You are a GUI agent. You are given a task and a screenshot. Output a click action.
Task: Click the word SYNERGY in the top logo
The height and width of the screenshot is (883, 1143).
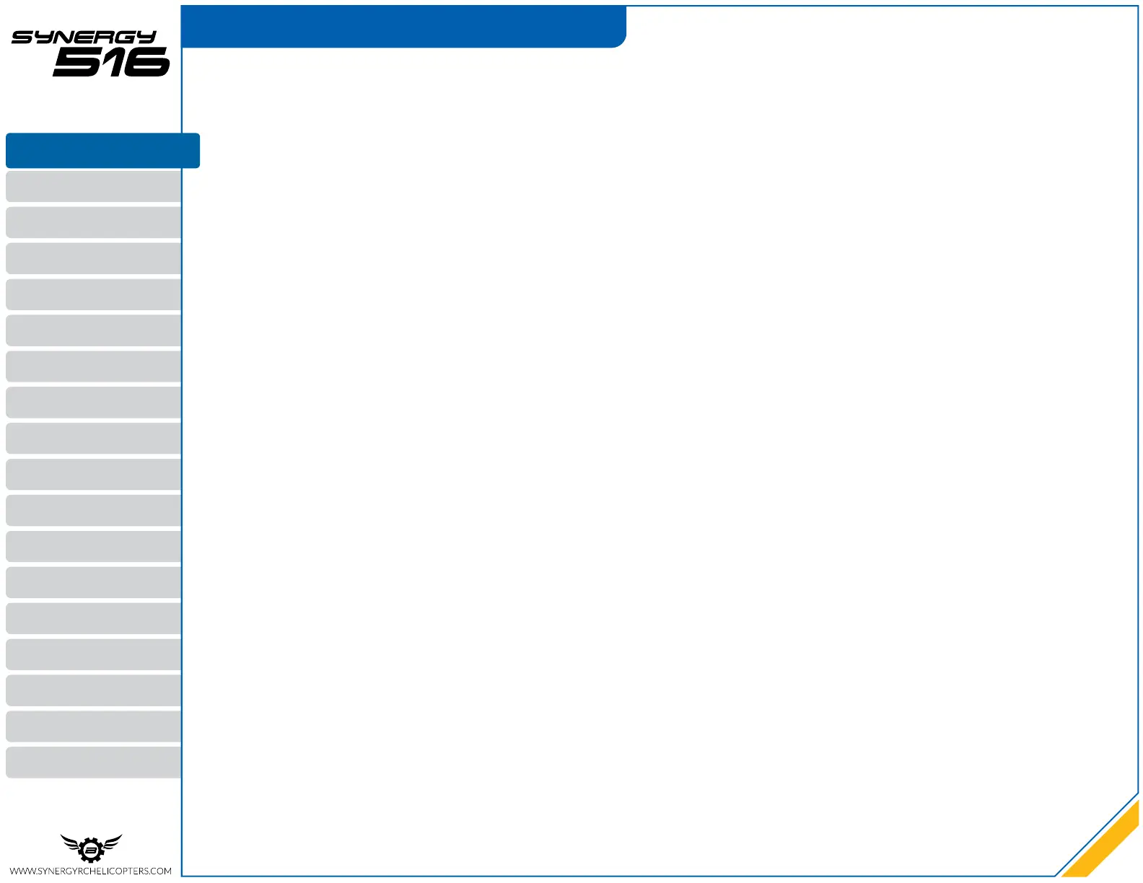[x=84, y=38]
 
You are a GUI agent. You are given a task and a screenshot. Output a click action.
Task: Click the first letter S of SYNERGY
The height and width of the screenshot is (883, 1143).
[x=22, y=38]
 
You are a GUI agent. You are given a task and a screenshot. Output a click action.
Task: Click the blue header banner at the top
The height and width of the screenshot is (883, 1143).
[x=403, y=27]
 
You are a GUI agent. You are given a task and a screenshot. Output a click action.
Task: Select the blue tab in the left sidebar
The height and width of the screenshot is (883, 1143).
[x=102, y=150]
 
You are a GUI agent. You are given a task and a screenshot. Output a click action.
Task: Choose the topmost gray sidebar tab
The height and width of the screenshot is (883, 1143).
[x=94, y=186]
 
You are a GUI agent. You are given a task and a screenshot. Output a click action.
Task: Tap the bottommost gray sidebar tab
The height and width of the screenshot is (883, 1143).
[x=94, y=763]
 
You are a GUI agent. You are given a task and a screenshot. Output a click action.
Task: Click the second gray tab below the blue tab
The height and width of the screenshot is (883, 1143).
[x=94, y=222]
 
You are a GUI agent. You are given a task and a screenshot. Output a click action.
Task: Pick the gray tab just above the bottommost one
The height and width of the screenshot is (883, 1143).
[x=94, y=726]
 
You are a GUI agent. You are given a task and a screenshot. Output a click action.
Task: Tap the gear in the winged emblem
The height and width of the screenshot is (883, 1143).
[x=91, y=851]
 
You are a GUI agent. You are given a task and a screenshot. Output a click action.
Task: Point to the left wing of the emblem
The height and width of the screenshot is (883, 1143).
[x=70, y=842]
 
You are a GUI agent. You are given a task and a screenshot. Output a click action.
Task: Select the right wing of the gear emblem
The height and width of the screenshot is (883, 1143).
[x=112, y=842]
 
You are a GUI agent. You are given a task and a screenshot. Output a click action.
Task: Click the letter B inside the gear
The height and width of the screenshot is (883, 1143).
[x=91, y=851]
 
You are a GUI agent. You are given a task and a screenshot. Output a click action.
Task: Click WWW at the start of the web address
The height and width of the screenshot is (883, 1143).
[x=22, y=871]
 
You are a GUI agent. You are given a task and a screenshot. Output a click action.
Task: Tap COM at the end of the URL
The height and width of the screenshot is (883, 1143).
[x=162, y=871]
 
